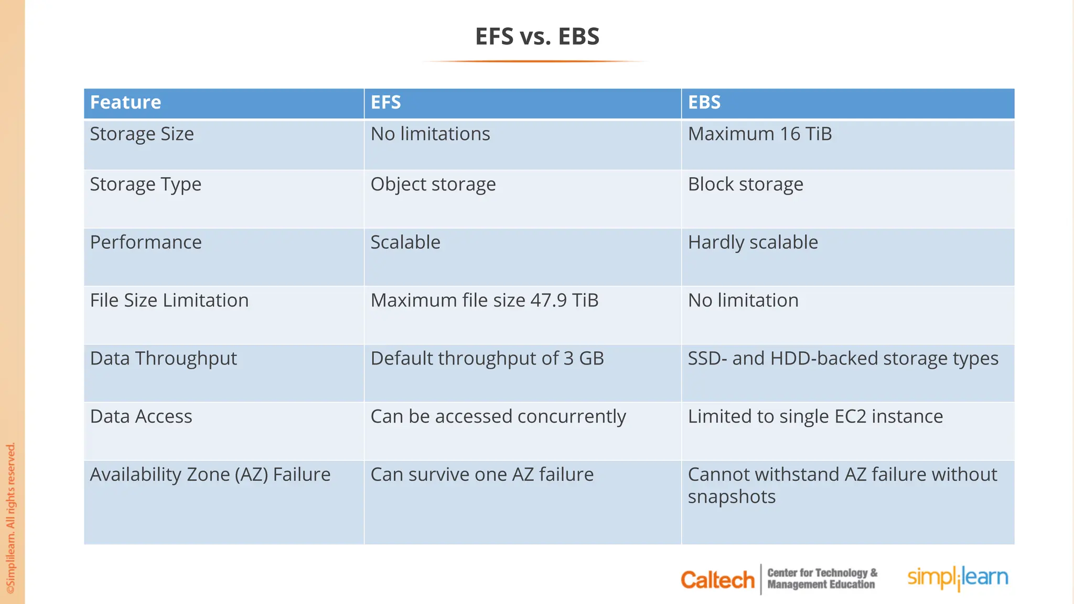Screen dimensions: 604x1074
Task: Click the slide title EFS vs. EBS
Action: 537,37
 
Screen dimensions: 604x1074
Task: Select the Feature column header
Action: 125,102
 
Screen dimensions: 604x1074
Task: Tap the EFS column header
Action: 385,102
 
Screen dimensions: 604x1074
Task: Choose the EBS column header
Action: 704,102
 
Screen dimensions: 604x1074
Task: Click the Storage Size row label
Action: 142,134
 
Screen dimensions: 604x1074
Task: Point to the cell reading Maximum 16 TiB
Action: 759,134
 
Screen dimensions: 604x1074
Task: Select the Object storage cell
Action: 433,185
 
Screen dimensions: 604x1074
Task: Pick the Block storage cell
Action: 745,185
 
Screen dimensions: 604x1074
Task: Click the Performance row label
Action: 145,242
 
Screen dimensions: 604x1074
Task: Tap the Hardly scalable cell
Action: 753,242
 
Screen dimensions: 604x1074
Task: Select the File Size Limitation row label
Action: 169,300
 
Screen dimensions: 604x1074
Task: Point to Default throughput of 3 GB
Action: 487,359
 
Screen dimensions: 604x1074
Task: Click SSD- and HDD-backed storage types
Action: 843,359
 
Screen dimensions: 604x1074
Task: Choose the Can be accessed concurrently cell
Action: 498,417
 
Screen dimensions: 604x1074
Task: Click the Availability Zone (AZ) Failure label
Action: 210,474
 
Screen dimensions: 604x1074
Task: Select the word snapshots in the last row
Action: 731,497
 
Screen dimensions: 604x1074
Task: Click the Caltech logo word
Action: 717,580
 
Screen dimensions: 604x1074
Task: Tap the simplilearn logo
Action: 958,578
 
